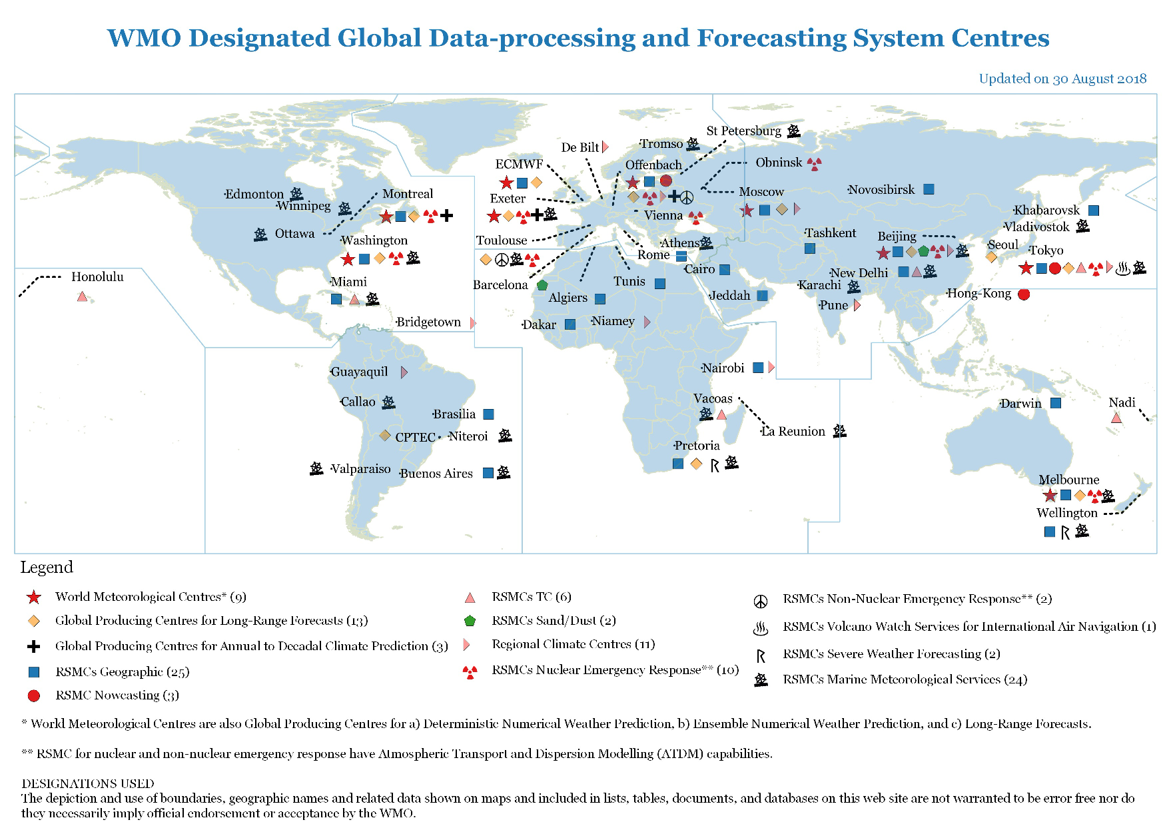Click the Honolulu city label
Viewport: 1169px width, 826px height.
(x=97, y=276)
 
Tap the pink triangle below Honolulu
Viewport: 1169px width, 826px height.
(x=82, y=296)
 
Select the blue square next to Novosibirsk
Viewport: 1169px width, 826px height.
(x=929, y=189)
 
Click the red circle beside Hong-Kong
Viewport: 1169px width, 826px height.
(x=1024, y=294)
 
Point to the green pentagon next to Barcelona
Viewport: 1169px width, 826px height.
(x=542, y=285)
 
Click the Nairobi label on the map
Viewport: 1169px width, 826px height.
(x=723, y=368)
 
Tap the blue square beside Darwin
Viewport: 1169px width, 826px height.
(x=1056, y=403)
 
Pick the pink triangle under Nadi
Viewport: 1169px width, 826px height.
(x=1116, y=418)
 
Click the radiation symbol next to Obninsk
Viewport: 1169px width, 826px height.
(x=814, y=163)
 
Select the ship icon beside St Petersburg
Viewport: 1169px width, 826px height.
(x=793, y=131)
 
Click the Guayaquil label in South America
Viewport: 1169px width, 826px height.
(x=359, y=372)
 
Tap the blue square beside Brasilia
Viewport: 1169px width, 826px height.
(x=488, y=414)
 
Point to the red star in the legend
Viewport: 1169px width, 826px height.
(x=34, y=597)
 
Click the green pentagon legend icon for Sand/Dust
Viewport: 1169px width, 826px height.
(x=470, y=621)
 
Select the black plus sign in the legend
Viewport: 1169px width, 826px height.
(x=34, y=646)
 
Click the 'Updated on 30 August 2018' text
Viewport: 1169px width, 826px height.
(x=1062, y=79)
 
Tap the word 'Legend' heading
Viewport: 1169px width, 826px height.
(x=47, y=567)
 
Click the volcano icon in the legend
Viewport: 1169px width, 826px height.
(x=760, y=627)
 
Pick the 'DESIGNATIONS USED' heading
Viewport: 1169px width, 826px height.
(x=88, y=783)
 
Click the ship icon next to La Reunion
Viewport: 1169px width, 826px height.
(x=840, y=431)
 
